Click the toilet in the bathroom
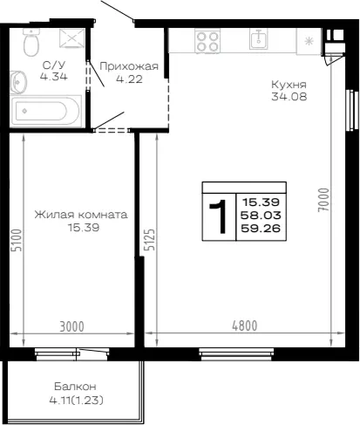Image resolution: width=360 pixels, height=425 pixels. click(31, 42)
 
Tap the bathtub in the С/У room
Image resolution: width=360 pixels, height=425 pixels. click(45, 111)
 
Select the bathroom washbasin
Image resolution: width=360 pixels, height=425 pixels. click(18, 82)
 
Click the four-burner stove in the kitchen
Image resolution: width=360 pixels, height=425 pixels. click(207, 41)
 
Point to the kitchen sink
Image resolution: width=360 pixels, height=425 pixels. click(258, 39)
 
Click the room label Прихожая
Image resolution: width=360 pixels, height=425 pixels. click(129, 66)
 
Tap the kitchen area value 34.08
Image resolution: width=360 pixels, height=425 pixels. click(289, 97)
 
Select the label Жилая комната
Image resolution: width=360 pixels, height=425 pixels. click(81, 215)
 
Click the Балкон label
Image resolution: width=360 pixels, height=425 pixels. click(75, 387)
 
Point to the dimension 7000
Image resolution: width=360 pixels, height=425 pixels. click(323, 200)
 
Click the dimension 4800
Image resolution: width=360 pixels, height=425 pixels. click(245, 326)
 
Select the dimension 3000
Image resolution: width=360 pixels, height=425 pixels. click(71, 326)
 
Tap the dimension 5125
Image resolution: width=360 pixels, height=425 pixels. click(150, 240)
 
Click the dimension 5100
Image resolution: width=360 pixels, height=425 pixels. click(17, 240)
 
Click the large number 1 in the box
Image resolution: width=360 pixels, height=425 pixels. click(219, 216)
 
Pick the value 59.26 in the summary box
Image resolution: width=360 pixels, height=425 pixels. click(261, 229)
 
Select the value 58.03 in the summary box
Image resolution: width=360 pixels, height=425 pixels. click(261, 216)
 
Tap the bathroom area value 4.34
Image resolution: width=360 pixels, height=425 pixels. click(54, 77)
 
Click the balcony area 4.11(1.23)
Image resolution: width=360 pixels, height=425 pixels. click(77, 401)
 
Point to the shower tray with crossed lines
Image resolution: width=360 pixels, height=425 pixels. click(72, 38)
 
